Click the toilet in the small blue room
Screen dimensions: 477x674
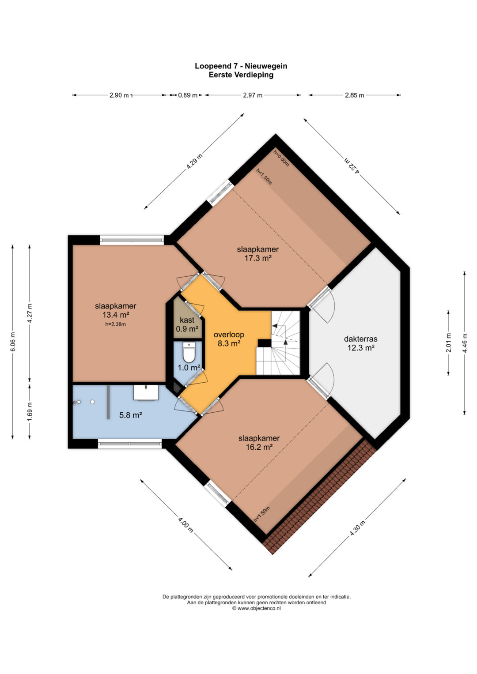pos(189,352)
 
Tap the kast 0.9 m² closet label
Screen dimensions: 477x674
pos(187,324)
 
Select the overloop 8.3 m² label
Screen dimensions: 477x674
pos(229,339)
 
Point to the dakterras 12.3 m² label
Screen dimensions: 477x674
pos(360,343)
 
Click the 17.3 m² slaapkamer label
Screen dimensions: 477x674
pos(258,254)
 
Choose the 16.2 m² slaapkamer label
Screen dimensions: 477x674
pos(259,443)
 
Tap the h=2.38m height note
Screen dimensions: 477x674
pos(115,324)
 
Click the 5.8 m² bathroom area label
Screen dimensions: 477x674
pos(131,415)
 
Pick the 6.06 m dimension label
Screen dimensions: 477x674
pos(13,342)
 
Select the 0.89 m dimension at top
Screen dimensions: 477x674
pos(188,95)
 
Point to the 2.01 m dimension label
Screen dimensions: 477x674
pos(449,343)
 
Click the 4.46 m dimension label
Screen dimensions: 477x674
pos(465,343)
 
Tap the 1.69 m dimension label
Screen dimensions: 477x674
pos(30,412)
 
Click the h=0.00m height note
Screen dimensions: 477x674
pos(281,158)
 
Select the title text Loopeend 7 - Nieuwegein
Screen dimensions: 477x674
pos(241,66)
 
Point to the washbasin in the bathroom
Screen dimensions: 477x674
pos(146,393)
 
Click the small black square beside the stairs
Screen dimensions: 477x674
pos(265,343)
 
